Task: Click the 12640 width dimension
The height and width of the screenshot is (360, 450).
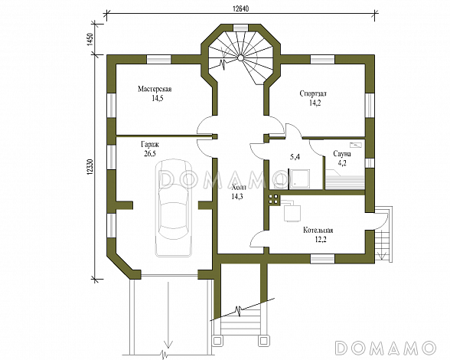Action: click(x=240, y=8)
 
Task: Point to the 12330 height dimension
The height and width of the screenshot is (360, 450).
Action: click(x=90, y=166)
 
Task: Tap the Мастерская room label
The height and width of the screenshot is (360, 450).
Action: click(x=155, y=89)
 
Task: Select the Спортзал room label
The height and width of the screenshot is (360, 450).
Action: click(x=313, y=93)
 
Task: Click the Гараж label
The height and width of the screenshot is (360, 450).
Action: click(x=149, y=144)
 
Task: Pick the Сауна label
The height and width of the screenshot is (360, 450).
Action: click(x=342, y=154)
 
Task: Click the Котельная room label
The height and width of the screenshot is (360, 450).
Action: click(x=318, y=231)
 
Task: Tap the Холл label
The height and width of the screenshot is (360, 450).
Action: click(x=239, y=188)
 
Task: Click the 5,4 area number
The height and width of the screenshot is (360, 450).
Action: click(x=295, y=157)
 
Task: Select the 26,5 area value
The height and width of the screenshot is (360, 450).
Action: click(x=150, y=153)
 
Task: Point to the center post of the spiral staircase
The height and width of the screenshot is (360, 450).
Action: click(x=240, y=58)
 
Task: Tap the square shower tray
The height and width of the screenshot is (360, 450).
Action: click(x=300, y=178)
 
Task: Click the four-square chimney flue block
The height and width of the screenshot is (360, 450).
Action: click(x=273, y=199)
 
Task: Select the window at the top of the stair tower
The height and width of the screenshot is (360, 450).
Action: click(x=240, y=28)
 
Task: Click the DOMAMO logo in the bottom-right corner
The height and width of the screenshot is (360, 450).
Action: click(x=386, y=347)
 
